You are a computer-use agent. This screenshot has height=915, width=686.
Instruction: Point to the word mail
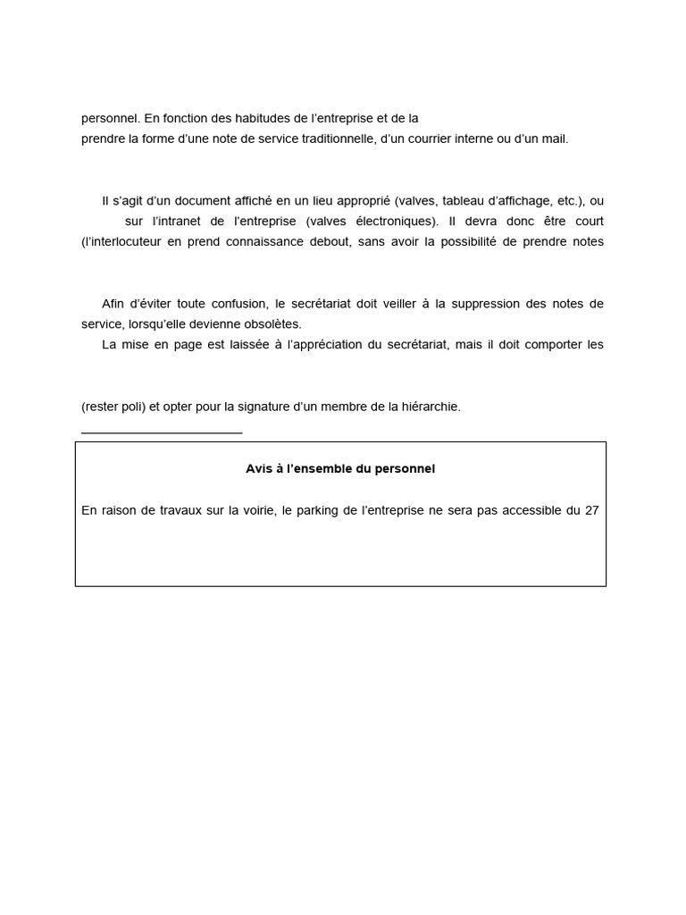coord(555,139)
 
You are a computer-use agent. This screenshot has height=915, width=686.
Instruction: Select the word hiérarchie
coord(425,407)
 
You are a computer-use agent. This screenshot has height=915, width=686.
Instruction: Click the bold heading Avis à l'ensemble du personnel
coord(340,468)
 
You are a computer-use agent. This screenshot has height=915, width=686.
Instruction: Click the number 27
coord(591,511)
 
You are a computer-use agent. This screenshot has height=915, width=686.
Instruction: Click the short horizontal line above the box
coord(162,432)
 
